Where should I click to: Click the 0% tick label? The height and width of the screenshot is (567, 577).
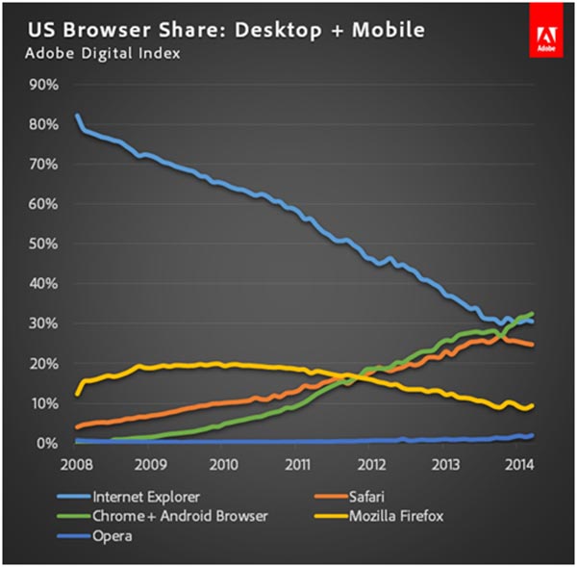(48, 444)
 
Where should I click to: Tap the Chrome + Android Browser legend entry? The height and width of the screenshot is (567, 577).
(180, 516)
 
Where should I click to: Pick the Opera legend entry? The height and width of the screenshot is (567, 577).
(113, 535)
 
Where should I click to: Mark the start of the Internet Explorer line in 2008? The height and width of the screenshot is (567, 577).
(78, 116)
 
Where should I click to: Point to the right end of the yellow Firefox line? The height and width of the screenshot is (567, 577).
(533, 405)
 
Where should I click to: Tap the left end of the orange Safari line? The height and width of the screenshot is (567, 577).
(78, 426)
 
